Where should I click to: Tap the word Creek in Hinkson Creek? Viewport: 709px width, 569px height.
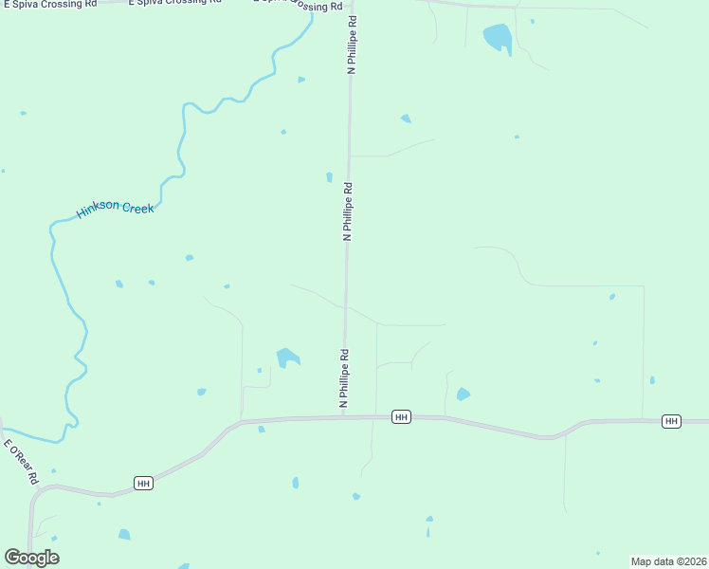point(137,208)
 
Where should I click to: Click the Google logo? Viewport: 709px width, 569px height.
point(31,558)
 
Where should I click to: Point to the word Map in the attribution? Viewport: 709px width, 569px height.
point(642,561)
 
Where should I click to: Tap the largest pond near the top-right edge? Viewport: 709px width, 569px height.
point(498,38)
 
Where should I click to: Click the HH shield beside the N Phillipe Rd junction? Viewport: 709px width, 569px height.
point(401,417)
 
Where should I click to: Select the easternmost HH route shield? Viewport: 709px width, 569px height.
point(671,421)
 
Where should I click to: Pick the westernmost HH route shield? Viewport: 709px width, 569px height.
point(143,484)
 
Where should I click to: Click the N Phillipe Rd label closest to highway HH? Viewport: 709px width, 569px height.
point(344,379)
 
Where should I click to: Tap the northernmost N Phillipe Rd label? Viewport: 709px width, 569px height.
point(352,45)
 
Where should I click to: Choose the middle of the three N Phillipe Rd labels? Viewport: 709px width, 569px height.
point(348,211)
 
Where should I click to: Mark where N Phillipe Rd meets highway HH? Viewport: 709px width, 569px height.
point(343,417)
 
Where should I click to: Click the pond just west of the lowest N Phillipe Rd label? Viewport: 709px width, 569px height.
point(287,358)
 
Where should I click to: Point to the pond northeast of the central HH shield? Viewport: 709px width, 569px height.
point(463,394)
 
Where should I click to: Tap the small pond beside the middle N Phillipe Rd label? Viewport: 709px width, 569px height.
point(329,176)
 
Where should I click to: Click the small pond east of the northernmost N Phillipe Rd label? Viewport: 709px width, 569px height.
point(406,119)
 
